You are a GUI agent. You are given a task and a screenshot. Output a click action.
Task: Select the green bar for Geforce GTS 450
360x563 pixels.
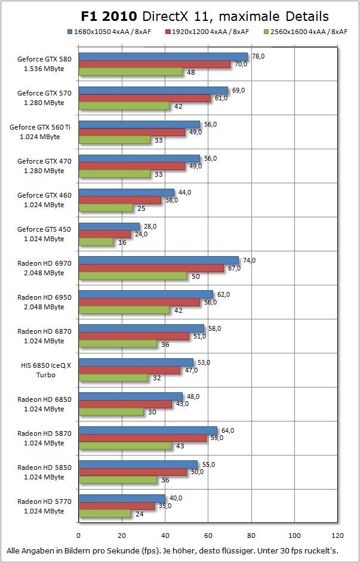pos(96,242)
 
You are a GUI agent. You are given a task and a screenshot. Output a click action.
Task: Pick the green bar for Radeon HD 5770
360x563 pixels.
pos(104,513)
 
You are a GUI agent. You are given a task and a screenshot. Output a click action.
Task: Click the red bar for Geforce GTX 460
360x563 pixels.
pos(120,201)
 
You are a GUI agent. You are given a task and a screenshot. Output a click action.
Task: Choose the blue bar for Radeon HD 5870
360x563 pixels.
pos(147,430)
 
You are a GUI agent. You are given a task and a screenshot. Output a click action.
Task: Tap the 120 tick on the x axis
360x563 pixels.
pos(337,535)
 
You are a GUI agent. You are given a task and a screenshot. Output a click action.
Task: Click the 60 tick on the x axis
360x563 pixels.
pos(208,535)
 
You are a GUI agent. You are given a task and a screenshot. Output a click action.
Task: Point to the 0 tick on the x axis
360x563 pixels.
pos(78,535)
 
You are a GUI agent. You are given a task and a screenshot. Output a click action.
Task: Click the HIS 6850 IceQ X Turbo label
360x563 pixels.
pos(41,370)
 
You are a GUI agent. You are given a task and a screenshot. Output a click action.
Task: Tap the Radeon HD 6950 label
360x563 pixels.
pos(41,302)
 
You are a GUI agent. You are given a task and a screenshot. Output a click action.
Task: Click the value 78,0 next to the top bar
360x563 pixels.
pos(259,56)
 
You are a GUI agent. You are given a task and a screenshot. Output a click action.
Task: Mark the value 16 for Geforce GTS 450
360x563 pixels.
pos(122,242)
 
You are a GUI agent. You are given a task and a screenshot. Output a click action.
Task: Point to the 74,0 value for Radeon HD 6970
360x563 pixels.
pos(250,260)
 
